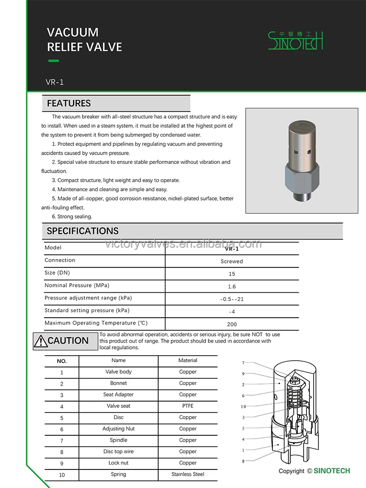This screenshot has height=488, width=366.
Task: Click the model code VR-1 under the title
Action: (x=55, y=82)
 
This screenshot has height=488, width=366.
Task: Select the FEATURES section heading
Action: (x=69, y=103)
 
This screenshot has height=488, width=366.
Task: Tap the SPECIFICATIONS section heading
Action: (x=82, y=231)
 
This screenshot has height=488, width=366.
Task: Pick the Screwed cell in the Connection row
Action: (x=232, y=262)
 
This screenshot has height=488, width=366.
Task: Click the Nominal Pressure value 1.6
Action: (x=232, y=286)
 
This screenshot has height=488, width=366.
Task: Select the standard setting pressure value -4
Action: (x=232, y=312)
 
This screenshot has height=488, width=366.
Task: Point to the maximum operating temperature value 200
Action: (x=232, y=324)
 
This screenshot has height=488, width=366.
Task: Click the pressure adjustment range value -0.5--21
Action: (x=232, y=299)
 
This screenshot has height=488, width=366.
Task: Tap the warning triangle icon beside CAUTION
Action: (x=40, y=341)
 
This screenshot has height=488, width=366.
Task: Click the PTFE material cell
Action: (x=188, y=406)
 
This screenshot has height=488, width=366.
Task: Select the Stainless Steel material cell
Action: (x=188, y=474)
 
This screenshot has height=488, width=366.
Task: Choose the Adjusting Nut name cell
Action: (x=119, y=429)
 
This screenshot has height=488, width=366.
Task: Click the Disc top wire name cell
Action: (x=119, y=451)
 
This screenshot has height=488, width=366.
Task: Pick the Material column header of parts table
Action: (x=188, y=361)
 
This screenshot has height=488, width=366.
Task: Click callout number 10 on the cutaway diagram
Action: (x=244, y=407)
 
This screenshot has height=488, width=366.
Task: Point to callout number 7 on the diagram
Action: (x=243, y=363)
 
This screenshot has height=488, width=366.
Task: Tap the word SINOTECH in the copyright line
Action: (x=332, y=471)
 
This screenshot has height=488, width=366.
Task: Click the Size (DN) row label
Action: (x=57, y=273)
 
